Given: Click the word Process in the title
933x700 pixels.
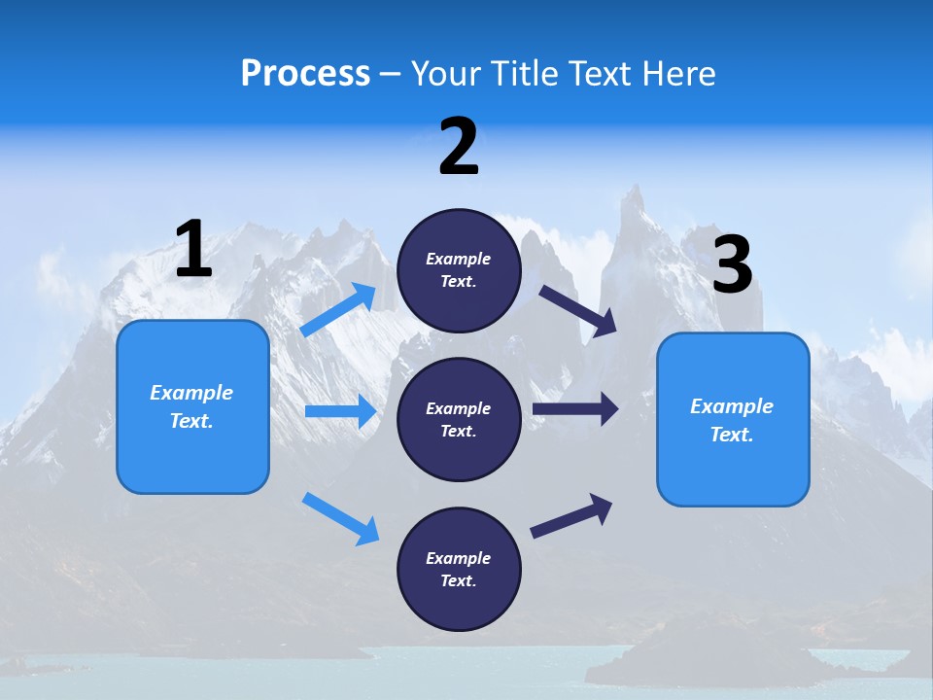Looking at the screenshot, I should pyautogui.click(x=305, y=74).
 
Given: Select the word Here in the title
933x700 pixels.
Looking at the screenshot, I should pyautogui.click(x=675, y=74).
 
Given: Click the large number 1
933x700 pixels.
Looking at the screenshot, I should pyautogui.click(x=193, y=250).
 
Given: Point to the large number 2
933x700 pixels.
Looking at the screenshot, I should pyautogui.click(x=459, y=148).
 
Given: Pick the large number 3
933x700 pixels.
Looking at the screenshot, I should pyautogui.click(x=733, y=265).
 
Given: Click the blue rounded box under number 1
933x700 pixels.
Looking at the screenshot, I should pyautogui.click(x=192, y=406).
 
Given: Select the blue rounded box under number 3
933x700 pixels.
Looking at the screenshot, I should pyautogui.click(x=733, y=419).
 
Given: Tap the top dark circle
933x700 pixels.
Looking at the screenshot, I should pyautogui.click(x=459, y=270).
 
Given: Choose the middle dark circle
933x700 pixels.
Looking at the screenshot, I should pyautogui.click(x=459, y=419).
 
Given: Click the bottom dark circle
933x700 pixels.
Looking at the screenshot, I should pyautogui.click(x=459, y=569).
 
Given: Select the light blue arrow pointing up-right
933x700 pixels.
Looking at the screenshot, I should pyautogui.click(x=338, y=310).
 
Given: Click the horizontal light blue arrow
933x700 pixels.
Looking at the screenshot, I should pyautogui.click(x=340, y=411).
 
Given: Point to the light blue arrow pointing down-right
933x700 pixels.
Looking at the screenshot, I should pyautogui.click(x=340, y=518).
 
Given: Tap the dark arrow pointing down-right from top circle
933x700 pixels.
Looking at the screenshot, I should pyautogui.click(x=578, y=311).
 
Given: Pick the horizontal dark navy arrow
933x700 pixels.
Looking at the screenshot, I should pyautogui.click(x=575, y=408).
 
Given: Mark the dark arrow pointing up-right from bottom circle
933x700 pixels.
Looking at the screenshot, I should pyautogui.click(x=571, y=515).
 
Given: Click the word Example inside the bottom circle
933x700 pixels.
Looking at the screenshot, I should pyautogui.click(x=459, y=558).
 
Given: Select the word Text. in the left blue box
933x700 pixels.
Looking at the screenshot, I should pyautogui.click(x=191, y=421).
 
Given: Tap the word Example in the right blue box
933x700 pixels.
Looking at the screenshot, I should pyautogui.click(x=732, y=406).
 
